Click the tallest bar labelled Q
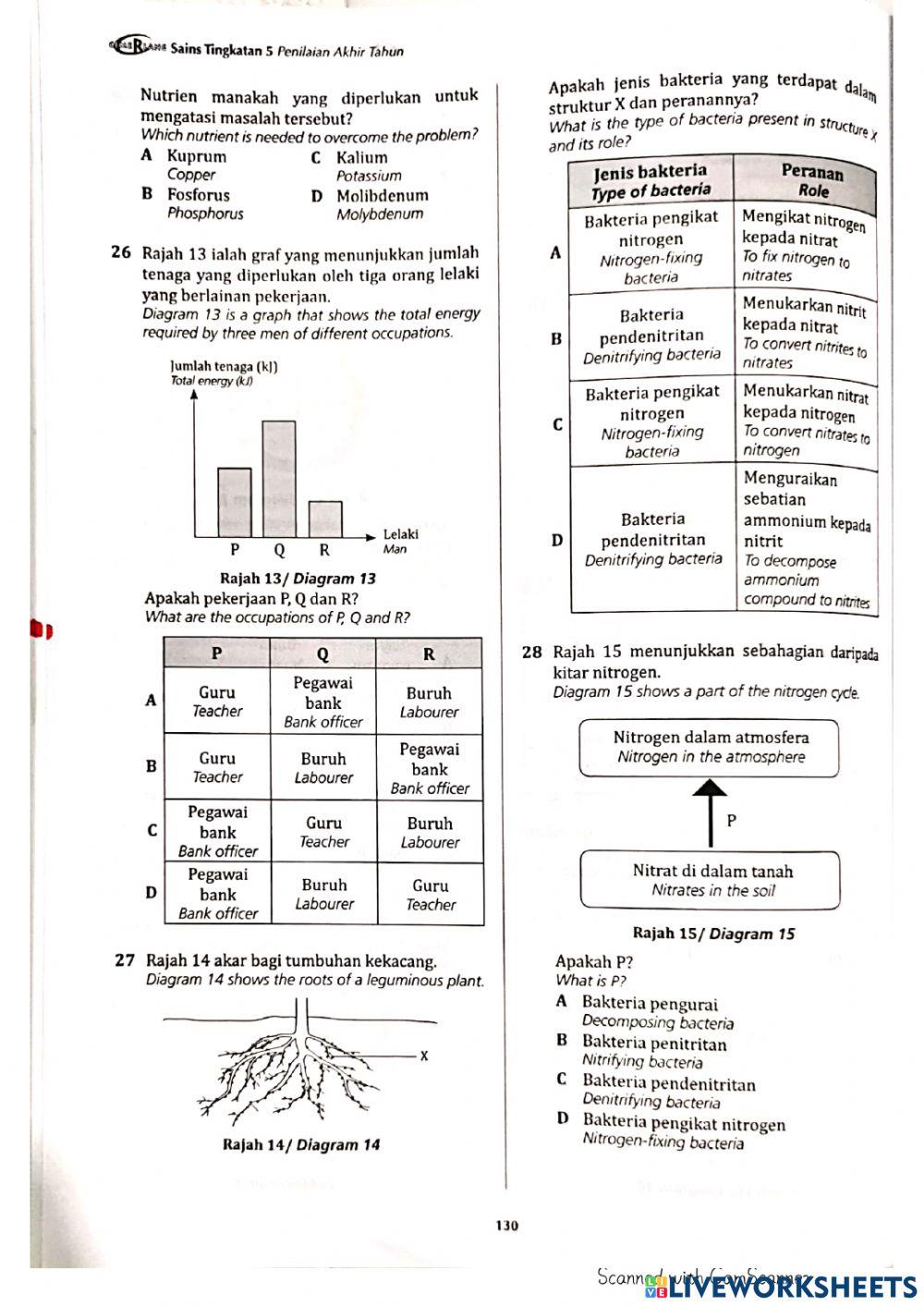pyautogui.click(x=279, y=479)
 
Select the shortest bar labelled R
pyautogui.click(x=324, y=519)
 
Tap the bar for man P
pyautogui.click(x=234, y=502)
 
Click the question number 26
pyautogui.click(x=121, y=252)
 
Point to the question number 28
pyautogui.click(x=531, y=653)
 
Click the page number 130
pyautogui.click(x=506, y=1226)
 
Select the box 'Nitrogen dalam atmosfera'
pyautogui.click(x=710, y=748)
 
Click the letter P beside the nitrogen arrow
pyautogui.click(x=732, y=820)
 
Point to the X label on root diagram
pyautogui.click(x=424, y=1056)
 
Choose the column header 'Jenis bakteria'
pyautogui.click(x=650, y=180)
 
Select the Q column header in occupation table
pyautogui.click(x=322, y=654)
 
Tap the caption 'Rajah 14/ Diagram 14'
pyautogui.click(x=301, y=1144)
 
